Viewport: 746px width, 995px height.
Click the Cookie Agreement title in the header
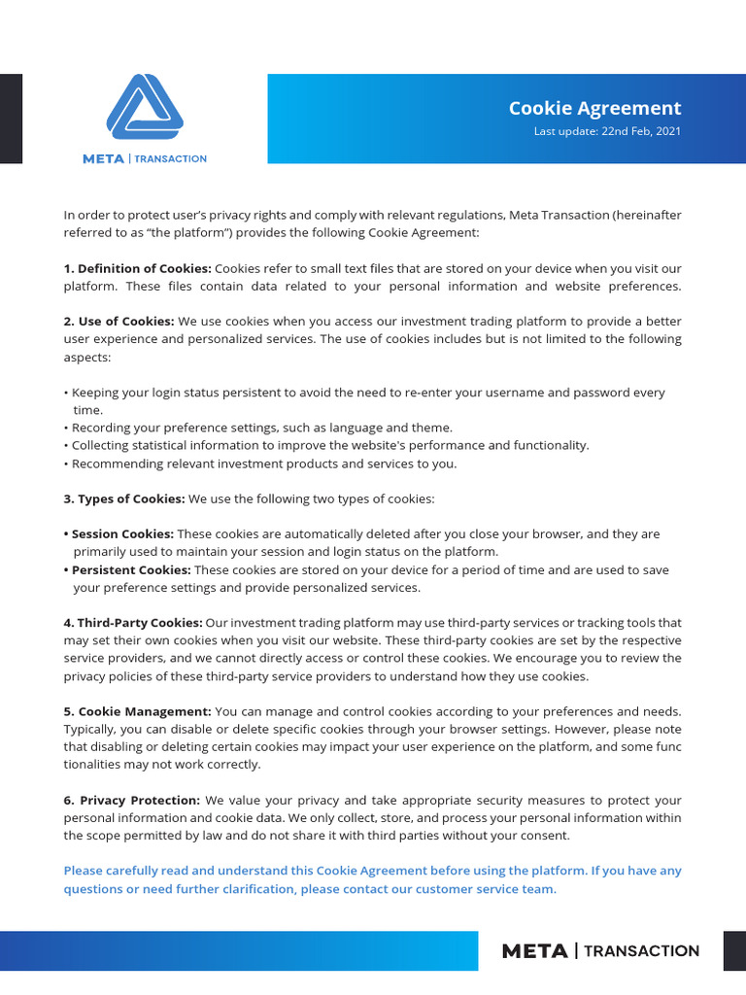[x=594, y=108]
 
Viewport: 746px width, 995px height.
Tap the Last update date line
[x=607, y=131]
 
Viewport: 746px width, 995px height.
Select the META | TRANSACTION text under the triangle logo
[x=144, y=158]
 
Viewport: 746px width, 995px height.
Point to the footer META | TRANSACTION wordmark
[x=600, y=951]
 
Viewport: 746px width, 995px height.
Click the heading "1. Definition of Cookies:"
[x=137, y=268]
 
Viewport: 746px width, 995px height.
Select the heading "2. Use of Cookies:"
[x=119, y=322]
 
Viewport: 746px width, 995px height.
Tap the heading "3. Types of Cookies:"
[x=124, y=498]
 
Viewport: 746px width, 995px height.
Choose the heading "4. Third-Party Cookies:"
[x=133, y=623]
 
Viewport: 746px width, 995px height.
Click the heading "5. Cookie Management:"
[x=137, y=711]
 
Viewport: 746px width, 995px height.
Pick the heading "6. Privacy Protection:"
[x=132, y=800]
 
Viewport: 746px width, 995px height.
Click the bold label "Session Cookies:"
[x=122, y=533]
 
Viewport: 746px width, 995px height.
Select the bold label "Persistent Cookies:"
[x=131, y=569]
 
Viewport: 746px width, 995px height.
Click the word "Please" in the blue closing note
[x=82, y=871]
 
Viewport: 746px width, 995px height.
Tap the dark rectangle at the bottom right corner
[x=734, y=950]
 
